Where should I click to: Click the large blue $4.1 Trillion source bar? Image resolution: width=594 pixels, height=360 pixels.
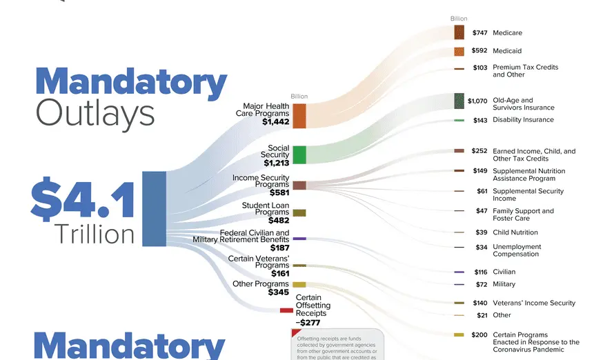click(x=154, y=208)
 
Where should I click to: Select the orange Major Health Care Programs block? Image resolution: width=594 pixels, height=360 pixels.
click(x=299, y=116)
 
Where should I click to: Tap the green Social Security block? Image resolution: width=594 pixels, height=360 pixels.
click(x=299, y=154)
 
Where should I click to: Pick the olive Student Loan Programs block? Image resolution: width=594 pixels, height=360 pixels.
click(x=299, y=212)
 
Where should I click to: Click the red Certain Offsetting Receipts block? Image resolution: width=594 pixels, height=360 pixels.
click(x=286, y=310)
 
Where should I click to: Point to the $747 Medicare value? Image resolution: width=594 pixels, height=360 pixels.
click(x=479, y=33)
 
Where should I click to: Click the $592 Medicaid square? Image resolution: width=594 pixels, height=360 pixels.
click(x=459, y=51)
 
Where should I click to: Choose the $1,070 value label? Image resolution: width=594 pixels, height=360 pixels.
click(x=477, y=101)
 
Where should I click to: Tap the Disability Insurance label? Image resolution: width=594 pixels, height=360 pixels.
click(x=523, y=120)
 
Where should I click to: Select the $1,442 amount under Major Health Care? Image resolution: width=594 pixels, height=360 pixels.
click(x=276, y=121)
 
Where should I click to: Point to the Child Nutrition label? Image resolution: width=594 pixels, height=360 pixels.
click(x=515, y=232)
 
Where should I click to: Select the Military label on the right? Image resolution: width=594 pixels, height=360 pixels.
click(x=504, y=284)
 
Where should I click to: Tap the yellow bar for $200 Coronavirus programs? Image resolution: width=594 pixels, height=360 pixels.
click(x=459, y=335)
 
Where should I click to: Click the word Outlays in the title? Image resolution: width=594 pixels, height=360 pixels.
click(x=95, y=112)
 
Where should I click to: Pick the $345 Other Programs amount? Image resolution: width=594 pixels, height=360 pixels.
click(x=278, y=292)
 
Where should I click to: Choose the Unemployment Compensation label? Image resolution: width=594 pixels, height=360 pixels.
click(x=517, y=250)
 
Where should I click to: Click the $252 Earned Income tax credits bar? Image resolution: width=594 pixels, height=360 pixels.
click(x=459, y=150)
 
